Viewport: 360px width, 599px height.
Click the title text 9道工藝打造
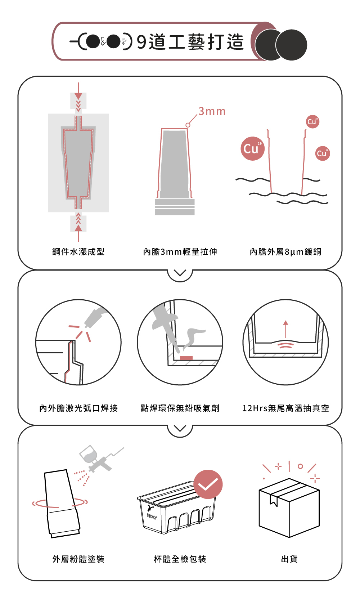(x=190, y=42)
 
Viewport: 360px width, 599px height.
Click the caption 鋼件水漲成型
(x=78, y=252)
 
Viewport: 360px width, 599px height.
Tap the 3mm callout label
(x=212, y=111)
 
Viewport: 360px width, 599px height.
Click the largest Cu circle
(x=252, y=148)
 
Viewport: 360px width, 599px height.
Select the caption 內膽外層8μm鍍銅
(x=285, y=252)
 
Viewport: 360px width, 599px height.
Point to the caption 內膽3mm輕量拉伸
(x=180, y=252)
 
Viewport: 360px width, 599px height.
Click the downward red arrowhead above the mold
(x=78, y=96)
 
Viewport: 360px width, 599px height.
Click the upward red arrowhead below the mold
(x=78, y=228)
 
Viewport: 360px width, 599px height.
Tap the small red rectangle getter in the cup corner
(x=186, y=358)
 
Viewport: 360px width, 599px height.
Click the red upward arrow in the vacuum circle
(x=286, y=329)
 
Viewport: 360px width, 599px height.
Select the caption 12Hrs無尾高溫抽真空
(x=285, y=408)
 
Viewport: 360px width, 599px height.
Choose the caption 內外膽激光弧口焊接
(x=78, y=408)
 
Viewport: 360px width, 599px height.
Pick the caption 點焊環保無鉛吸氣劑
(x=180, y=408)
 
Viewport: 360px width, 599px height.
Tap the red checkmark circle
(x=208, y=484)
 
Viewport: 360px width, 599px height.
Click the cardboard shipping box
(x=289, y=508)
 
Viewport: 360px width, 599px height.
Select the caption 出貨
(x=289, y=559)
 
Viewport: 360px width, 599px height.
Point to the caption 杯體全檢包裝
(x=180, y=559)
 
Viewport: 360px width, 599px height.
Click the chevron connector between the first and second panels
(x=180, y=273)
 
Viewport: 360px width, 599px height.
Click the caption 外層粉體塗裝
(x=78, y=559)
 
